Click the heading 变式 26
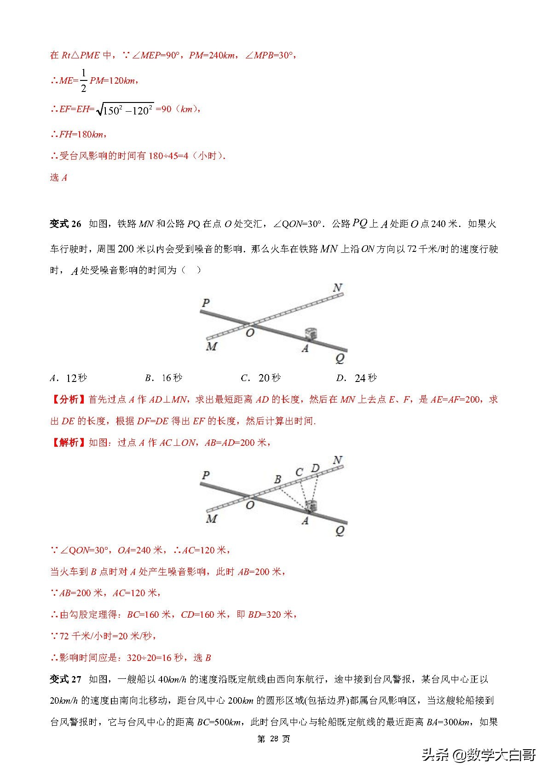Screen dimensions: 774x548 (65, 224)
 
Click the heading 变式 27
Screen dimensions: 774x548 (65, 679)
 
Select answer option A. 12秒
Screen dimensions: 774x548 (69, 378)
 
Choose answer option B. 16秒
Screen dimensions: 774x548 (164, 378)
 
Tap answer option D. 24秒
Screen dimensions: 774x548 (357, 378)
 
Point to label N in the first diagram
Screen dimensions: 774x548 (338, 288)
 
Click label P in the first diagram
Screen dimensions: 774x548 (206, 303)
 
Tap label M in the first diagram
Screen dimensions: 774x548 (211, 347)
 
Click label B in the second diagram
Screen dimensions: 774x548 (277, 479)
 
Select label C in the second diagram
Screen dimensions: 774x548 (299, 472)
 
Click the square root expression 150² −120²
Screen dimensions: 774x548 (125, 109)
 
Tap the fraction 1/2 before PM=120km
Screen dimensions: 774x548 (83, 80)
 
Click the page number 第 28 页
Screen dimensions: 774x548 (274, 739)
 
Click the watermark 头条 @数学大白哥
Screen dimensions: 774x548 (479, 755)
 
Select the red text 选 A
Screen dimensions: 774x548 (58, 177)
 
